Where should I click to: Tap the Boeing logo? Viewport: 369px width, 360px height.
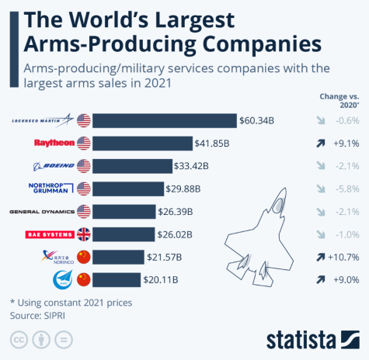coord(53,166)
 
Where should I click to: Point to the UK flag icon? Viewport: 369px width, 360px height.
coord(82,234)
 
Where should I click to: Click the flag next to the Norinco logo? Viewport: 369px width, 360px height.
coord(82,257)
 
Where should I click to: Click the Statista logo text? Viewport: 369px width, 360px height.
coord(300,339)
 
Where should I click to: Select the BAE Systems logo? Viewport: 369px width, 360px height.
coord(50,234)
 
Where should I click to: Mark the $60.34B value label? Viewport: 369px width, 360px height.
coord(257,120)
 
